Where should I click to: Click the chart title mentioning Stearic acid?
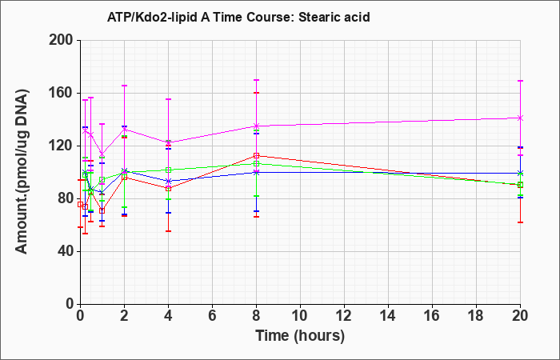[238, 17]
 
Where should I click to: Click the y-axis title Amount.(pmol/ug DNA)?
[22, 171]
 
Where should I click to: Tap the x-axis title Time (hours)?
[300, 336]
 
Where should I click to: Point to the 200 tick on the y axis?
[64, 40]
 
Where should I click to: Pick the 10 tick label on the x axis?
[300, 315]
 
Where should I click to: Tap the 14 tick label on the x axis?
[388, 315]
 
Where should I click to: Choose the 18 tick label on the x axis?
[476, 315]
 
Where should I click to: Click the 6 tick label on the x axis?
[212, 315]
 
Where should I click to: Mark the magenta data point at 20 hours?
[520, 118]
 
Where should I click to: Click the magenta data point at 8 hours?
[256, 126]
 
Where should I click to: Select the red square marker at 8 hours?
[256, 156]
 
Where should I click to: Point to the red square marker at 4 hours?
[168, 189]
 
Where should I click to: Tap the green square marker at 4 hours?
[168, 170]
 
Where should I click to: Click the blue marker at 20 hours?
[520, 174]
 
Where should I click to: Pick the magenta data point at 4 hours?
[168, 142]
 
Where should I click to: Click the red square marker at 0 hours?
[80, 205]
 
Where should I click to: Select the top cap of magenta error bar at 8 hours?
[256, 80]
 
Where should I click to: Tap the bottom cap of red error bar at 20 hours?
[520, 222]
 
